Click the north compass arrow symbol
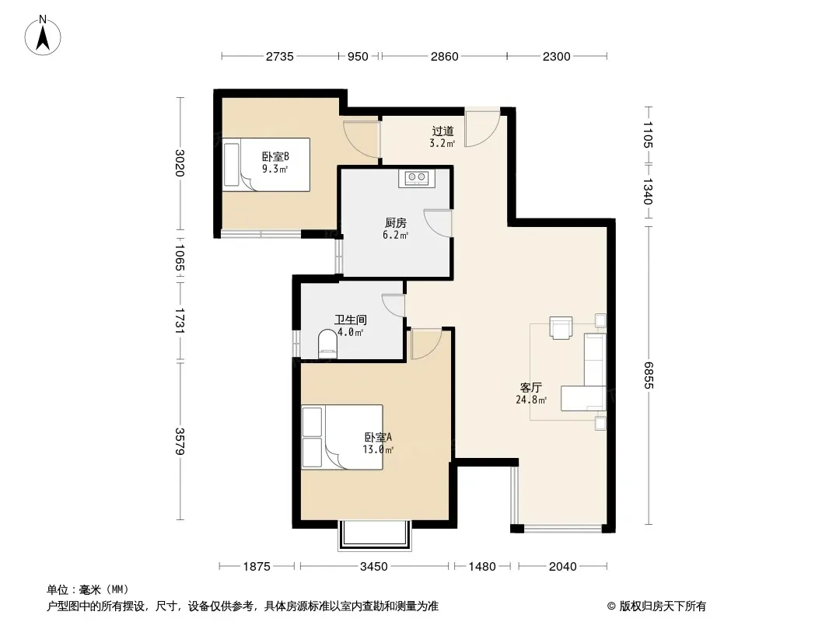pos(43,35)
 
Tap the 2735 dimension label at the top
pos(279,56)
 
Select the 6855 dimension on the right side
pos(649,376)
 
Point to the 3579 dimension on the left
pos(180,442)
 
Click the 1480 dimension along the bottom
pos(482,567)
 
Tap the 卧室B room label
pos(275,156)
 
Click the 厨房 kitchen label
pos(396,223)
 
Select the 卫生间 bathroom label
pos(351,320)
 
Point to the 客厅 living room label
pos(531,387)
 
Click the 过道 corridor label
pos(442,131)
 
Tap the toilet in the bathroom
pos(328,344)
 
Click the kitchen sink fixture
pos(417,177)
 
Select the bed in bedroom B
pos(267,165)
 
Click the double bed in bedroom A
pos(342,437)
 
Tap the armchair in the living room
pos(561,327)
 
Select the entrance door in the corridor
pos(482,128)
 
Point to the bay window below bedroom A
pos(375,536)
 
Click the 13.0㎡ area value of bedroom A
pos(378,449)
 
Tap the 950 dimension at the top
pos(358,56)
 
